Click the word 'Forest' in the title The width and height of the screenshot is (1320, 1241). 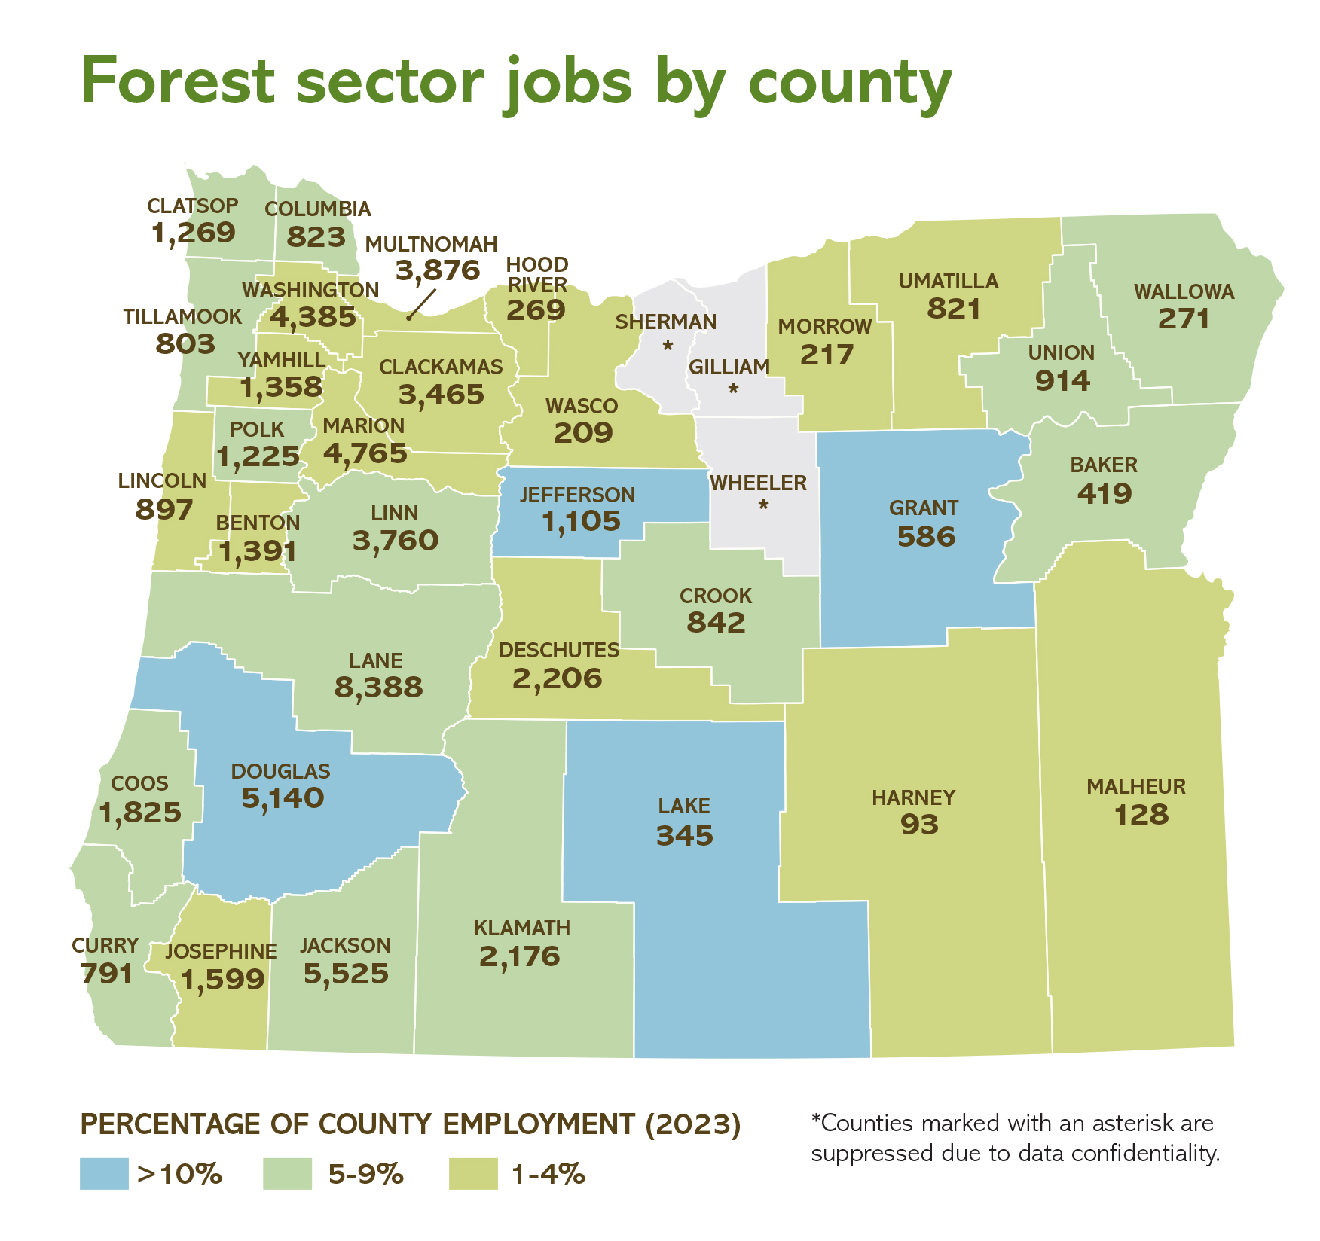tap(179, 81)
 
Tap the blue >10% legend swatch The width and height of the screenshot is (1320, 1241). tap(104, 1174)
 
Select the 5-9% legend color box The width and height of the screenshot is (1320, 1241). tap(287, 1174)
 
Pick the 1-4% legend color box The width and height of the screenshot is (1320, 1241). tap(473, 1174)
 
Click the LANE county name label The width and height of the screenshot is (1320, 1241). tap(375, 660)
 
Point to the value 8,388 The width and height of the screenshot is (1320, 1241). tap(378, 688)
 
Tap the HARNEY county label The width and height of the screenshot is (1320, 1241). tap(913, 797)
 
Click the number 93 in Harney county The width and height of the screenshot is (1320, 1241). tap(919, 825)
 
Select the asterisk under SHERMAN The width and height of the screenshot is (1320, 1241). tap(668, 347)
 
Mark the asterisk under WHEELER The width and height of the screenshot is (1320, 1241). tap(763, 505)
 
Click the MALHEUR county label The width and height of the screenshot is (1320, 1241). tap(1135, 787)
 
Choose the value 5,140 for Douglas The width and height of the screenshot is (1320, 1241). tap(283, 798)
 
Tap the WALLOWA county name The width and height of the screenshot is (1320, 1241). tap(1184, 291)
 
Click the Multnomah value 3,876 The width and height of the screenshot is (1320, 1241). tap(438, 270)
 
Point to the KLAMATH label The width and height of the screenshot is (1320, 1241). tap(522, 928)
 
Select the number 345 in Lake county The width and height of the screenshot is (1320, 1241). tap(684, 835)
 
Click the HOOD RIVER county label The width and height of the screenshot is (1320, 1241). tap(536, 275)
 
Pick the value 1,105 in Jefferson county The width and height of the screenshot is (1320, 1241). tap(581, 521)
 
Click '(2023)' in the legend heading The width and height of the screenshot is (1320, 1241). tap(693, 1124)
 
